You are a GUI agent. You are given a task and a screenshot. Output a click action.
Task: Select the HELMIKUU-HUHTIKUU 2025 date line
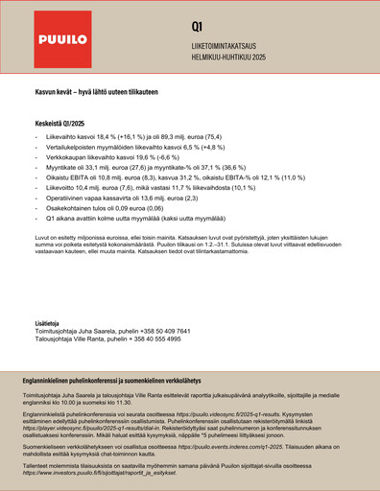238,56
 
